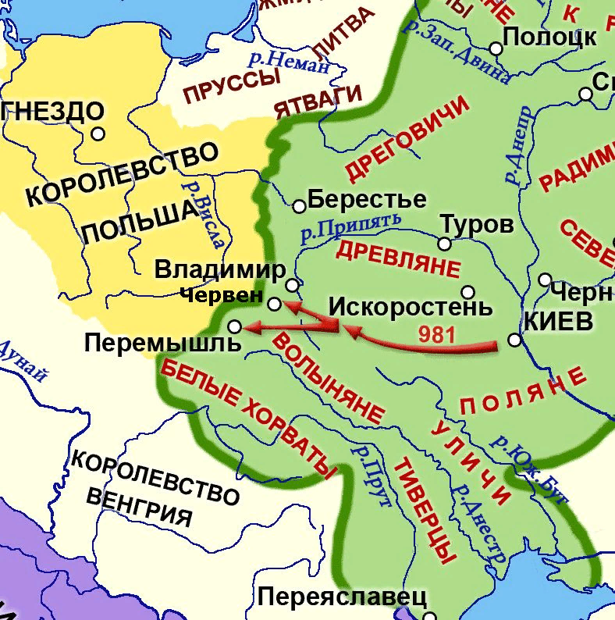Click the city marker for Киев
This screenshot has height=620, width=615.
tap(514, 340)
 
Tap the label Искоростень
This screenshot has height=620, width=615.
tap(410, 306)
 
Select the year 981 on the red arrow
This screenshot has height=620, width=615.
tap(436, 332)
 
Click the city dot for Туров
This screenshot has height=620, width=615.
tap(444, 244)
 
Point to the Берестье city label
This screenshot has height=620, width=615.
tap(367, 200)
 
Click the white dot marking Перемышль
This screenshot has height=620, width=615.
tap(234, 326)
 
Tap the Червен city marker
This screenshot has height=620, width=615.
tap(275, 303)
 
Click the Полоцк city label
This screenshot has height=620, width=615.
tap(549, 37)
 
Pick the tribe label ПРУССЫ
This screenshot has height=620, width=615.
tap(232, 87)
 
